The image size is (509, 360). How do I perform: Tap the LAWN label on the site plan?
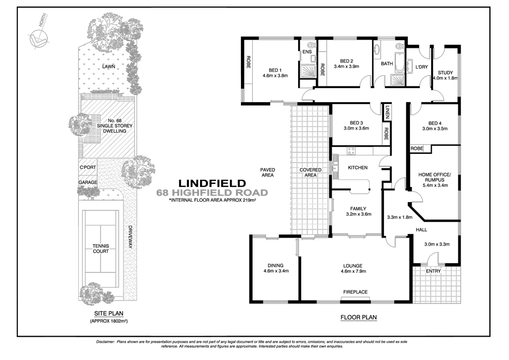click(114, 67)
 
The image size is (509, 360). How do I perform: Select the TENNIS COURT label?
click(101, 248)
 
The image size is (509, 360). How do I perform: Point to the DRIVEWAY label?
click(131, 238)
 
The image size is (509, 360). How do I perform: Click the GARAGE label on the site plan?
click(87, 182)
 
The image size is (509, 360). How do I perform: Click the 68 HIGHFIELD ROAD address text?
click(212, 193)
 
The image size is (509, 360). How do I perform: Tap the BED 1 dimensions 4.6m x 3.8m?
click(275, 76)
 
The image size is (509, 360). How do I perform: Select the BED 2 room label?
click(346, 61)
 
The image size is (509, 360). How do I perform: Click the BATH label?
click(387, 64)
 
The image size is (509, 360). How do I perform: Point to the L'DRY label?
click(421, 67)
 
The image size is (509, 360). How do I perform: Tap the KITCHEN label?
click(358, 167)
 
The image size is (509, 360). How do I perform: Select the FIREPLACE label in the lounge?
click(355, 292)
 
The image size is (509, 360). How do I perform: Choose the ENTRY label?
click(433, 271)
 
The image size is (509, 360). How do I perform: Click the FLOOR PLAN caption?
click(358, 317)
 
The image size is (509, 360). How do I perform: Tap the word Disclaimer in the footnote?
click(105, 341)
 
